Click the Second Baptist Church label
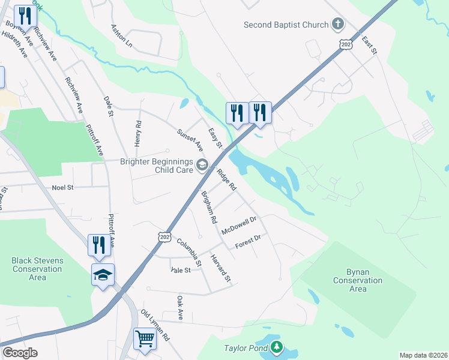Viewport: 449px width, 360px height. [286, 25]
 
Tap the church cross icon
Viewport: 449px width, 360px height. [338, 25]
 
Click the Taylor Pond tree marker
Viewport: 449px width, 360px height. [276, 347]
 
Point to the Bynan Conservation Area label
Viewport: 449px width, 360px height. [358, 280]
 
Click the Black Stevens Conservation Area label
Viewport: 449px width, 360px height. [37, 269]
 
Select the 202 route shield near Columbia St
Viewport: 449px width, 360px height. [165, 237]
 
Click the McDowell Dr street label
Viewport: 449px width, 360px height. [239, 226]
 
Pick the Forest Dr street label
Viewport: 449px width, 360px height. [248, 242]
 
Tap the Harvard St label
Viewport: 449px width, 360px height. [220, 268]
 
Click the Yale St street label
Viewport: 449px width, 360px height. [180, 270]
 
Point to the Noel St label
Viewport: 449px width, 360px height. [62, 188]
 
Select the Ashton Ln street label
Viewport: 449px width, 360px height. [121, 36]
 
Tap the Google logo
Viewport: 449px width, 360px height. [20, 353]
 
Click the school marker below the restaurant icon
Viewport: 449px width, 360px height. [103, 275]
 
